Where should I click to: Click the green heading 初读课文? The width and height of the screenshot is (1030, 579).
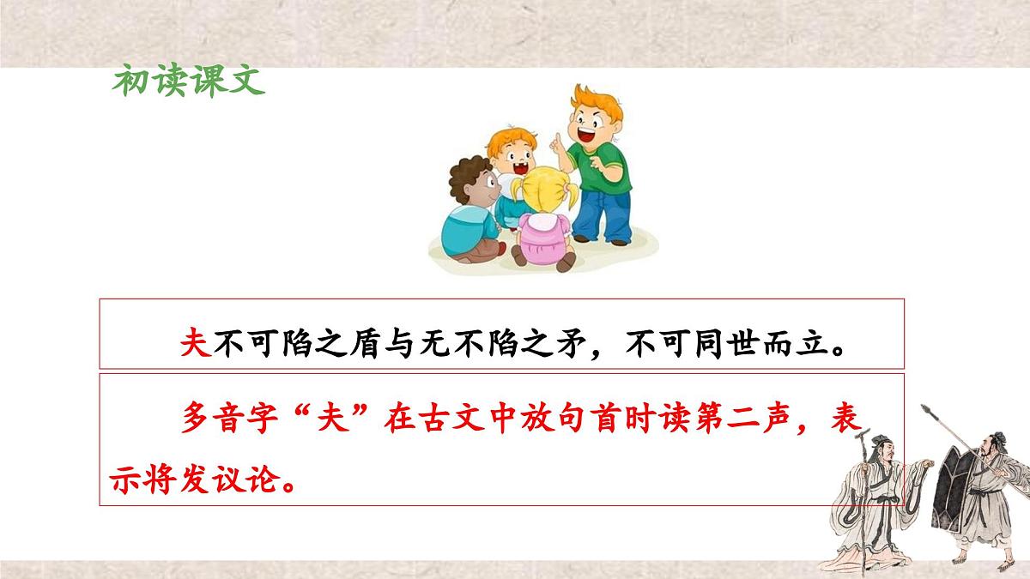tap(188, 82)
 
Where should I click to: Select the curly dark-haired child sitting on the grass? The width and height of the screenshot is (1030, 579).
tap(470, 210)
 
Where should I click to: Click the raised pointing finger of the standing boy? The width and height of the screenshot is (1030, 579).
tap(556, 141)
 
